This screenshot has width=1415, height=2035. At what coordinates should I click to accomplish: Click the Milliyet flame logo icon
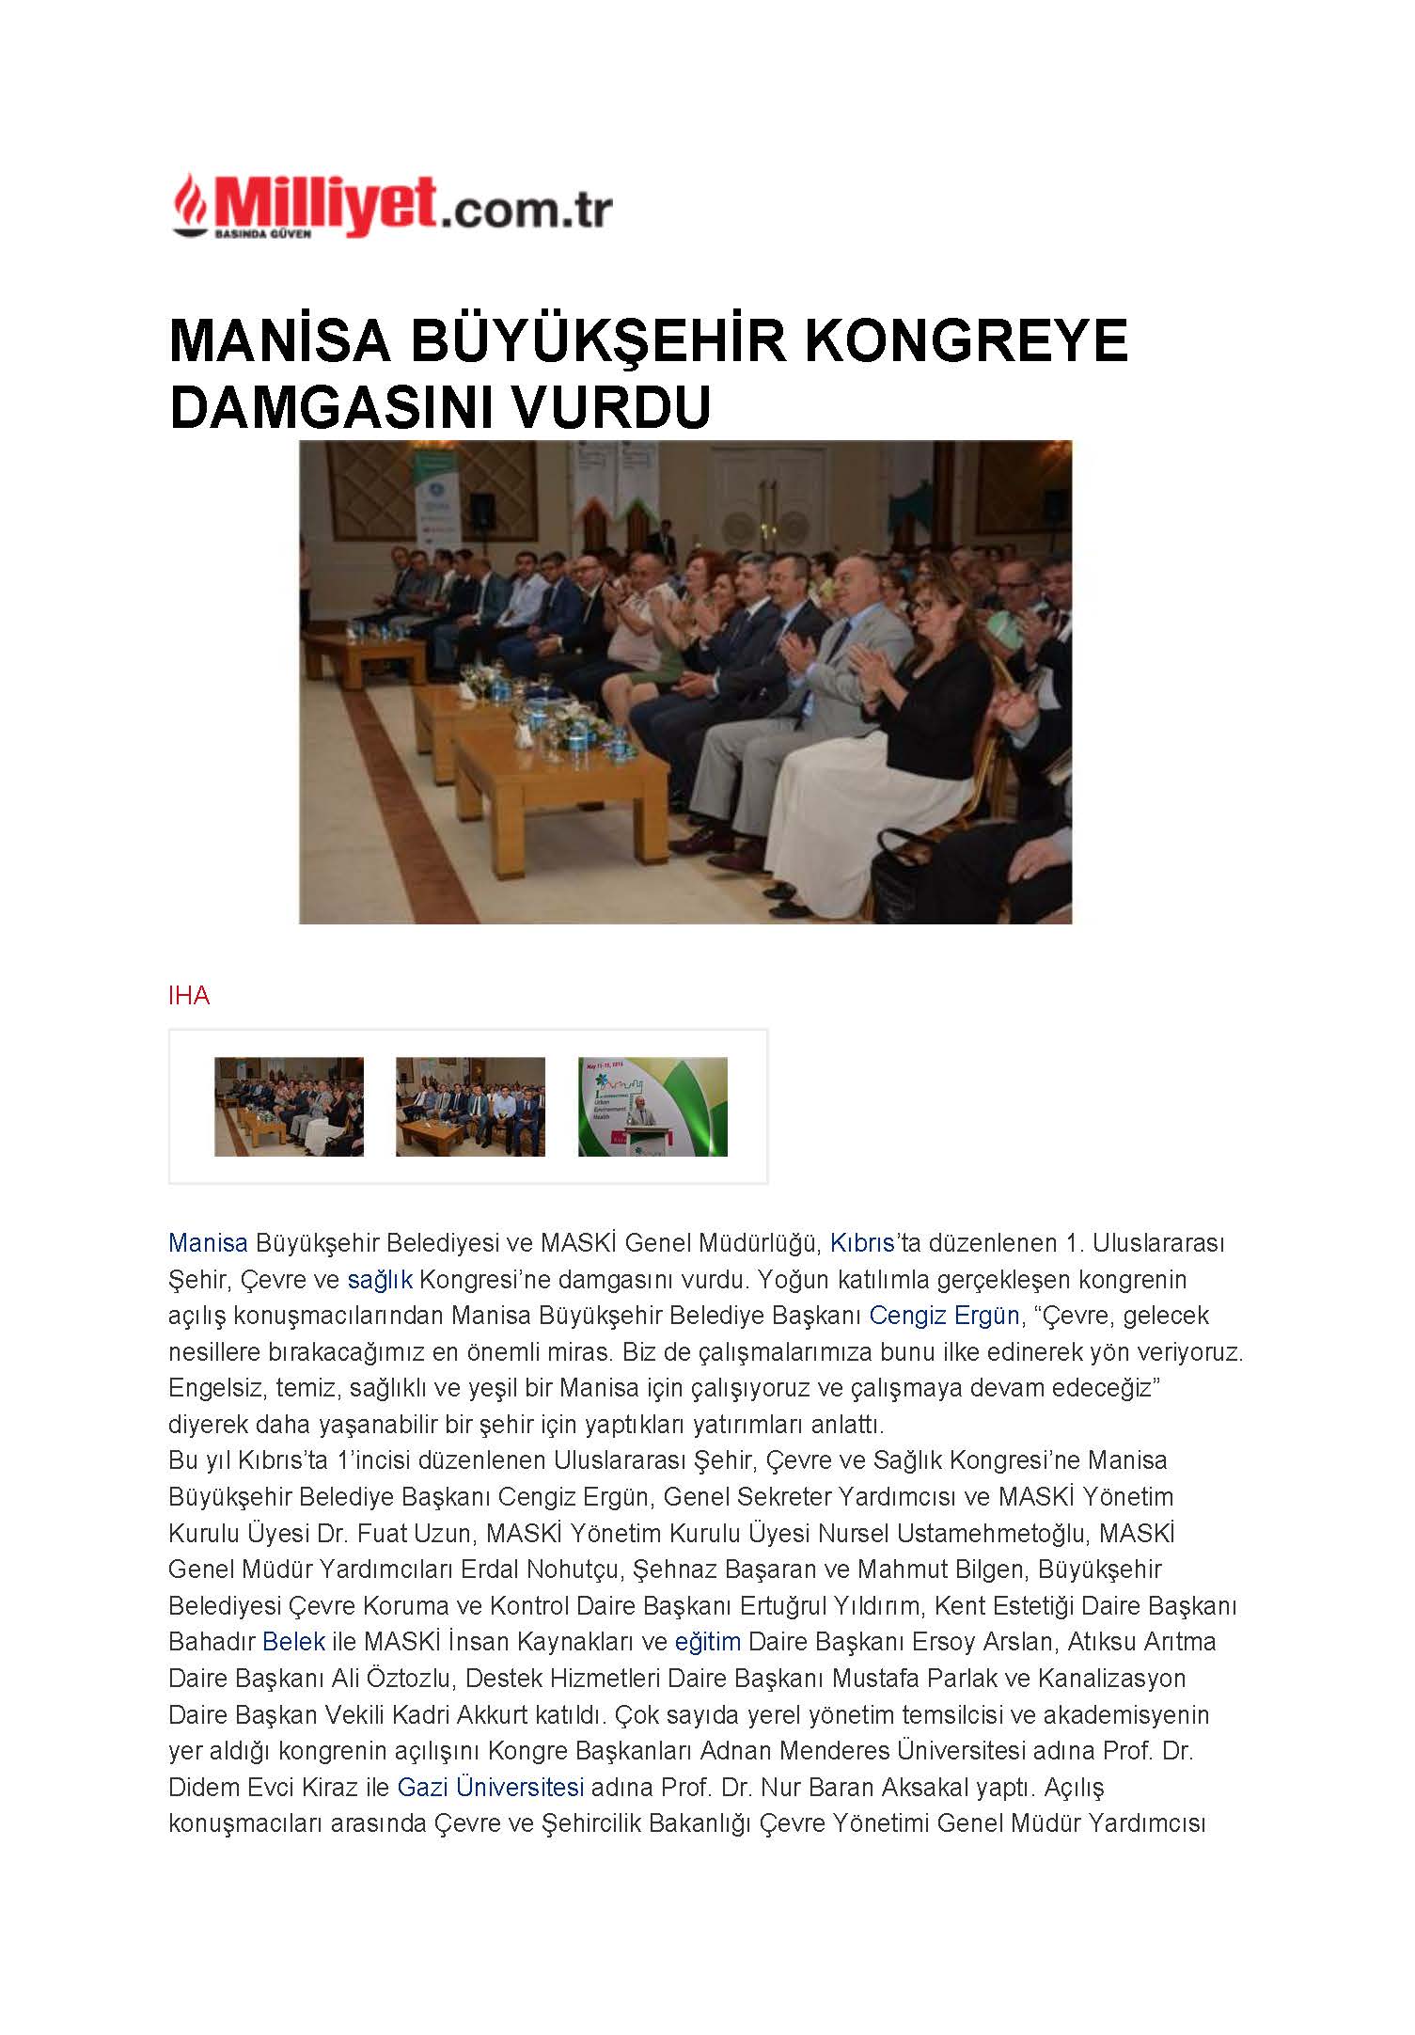[190, 201]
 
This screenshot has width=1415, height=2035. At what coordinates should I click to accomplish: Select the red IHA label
[189, 996]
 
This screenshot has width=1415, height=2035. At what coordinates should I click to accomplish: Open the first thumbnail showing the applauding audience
[289, 1107]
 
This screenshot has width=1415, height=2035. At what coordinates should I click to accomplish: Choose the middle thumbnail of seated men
[470, 1107]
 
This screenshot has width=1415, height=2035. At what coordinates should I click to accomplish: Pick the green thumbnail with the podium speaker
[652, 1107]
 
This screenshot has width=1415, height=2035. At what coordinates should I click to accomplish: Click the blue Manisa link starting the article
[208, 1243]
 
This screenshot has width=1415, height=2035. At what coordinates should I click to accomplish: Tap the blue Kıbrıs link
[861, 1243]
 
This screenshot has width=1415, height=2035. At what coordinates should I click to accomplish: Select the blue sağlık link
[379, 1280]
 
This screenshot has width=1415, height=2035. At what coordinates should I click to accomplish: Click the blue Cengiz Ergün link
[943, 1316]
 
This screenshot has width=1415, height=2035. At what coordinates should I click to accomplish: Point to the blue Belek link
[293, 1642]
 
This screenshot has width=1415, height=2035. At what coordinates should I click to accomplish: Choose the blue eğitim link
[707, 1642]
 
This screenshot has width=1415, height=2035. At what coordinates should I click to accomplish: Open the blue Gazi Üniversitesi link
[490, 1787]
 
